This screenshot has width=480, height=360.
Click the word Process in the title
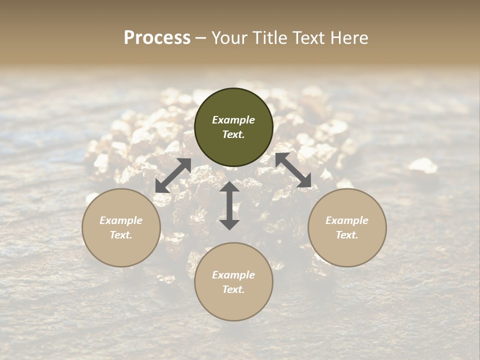click(x=157, y=38)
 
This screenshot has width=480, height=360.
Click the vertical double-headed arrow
click(x=229, y=205)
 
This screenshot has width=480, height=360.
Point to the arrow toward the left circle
click(x=173, y=175)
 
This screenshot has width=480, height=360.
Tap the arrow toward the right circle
click(x=293, y=170)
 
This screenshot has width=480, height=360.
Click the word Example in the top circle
click(x=233, y=120)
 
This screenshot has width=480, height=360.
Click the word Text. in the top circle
click(x=233, y=134)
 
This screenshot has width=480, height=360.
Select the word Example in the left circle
click(x=121, y=220)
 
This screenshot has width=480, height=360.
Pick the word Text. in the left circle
click(x=121, y=235)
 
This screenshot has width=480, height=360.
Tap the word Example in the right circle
click(x=347, y=220)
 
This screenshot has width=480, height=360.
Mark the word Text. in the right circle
click(x=347, y=235)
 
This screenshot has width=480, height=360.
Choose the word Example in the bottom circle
click(x=233, y=275)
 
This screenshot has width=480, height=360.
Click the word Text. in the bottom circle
click(x=233, y=289)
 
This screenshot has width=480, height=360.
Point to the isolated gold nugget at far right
click(x=423, y=165)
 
